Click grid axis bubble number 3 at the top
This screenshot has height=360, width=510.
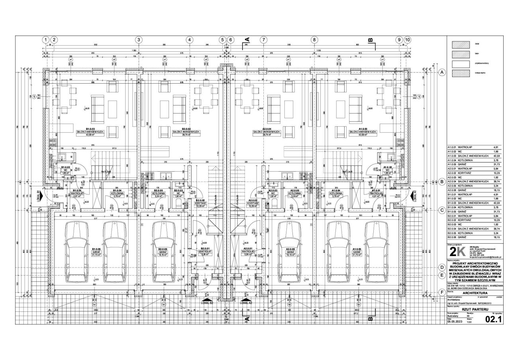(139, 40)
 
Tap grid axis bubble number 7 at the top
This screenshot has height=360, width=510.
(263, 40)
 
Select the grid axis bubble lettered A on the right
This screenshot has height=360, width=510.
(441, 73)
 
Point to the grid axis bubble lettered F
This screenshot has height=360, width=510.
(441, 292)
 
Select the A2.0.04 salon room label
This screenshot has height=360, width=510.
(267, 131)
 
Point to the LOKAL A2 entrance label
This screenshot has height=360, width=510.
(246, 303)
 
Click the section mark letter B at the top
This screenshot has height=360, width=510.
(370, 40)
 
